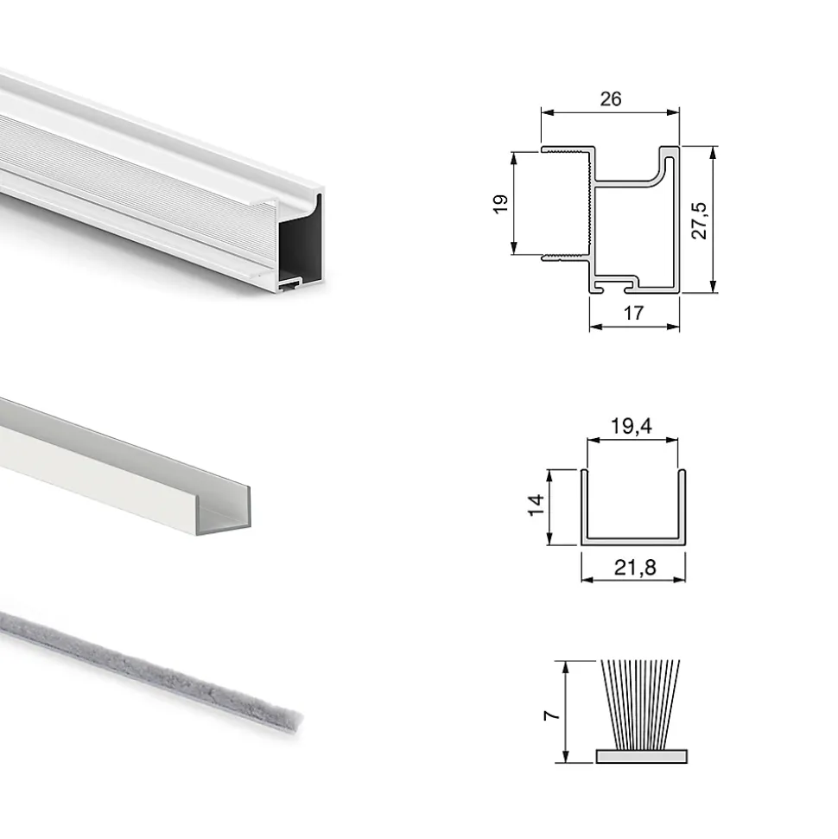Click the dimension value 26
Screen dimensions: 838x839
click(x=611, y=99)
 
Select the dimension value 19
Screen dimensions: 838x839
click(x=500, y=204)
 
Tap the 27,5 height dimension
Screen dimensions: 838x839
click(x=699, y=220)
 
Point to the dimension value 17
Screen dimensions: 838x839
click(x=633, y=313)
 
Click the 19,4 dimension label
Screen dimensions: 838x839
click(x=632, y=427)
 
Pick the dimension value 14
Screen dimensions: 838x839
click(x=536, y=505)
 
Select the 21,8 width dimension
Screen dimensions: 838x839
click(x=635, y=567)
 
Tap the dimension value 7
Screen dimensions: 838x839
click(x=551, y=715)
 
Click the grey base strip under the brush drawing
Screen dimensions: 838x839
click(x=642, y=756)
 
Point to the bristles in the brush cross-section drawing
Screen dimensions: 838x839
click(x=641, y=705)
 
